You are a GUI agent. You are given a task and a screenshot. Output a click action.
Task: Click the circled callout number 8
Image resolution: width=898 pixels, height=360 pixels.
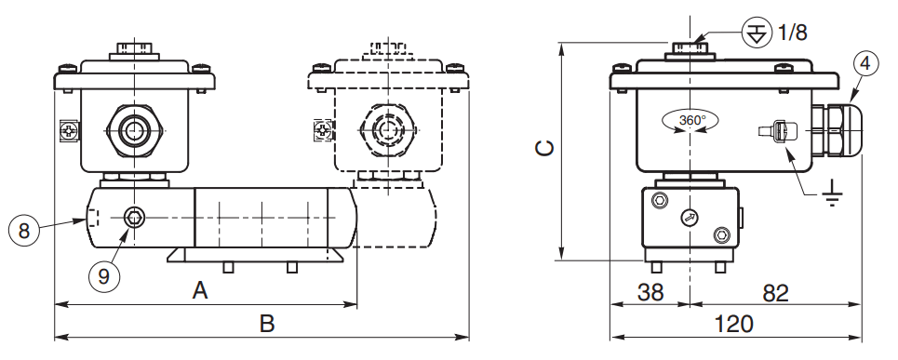point(23,232)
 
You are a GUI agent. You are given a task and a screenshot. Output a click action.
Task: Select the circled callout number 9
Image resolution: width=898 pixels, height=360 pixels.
point(103,276)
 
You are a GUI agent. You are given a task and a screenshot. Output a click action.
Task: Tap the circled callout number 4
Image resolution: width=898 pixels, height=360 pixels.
point(865,63)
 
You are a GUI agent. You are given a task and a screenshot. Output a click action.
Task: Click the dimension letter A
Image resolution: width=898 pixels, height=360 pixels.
point(200,291)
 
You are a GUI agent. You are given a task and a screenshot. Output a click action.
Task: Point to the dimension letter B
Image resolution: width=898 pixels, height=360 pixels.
point(267,324)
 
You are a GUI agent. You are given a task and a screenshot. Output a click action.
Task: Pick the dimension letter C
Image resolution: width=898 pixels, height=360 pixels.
point(544,149)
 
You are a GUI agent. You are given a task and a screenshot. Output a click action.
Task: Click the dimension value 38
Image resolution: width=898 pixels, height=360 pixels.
point(650,292)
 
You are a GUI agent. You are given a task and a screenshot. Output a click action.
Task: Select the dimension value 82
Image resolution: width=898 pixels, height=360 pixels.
point(775,293)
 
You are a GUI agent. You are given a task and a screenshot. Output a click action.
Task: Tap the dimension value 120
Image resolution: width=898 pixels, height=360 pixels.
point(734,325)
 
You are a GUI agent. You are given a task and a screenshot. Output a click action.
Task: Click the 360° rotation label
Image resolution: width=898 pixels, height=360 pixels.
point(691,121)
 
